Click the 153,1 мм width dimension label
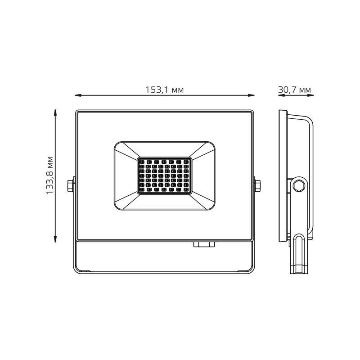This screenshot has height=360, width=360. [164, 90]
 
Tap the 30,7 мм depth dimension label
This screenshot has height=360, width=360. [295, 90]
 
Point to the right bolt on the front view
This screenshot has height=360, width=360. [258, 185]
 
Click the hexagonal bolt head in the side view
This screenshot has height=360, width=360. [298, 185]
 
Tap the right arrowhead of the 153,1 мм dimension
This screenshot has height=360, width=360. [252, 95]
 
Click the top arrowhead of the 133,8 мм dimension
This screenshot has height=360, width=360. [55, 112]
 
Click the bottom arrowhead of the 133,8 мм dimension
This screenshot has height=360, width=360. [55, 239]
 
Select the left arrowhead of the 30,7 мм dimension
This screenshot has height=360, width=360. [279, 95]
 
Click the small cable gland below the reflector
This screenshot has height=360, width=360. [204, 244]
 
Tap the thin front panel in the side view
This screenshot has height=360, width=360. [283, 175]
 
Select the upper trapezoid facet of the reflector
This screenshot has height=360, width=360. [164, 149]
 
